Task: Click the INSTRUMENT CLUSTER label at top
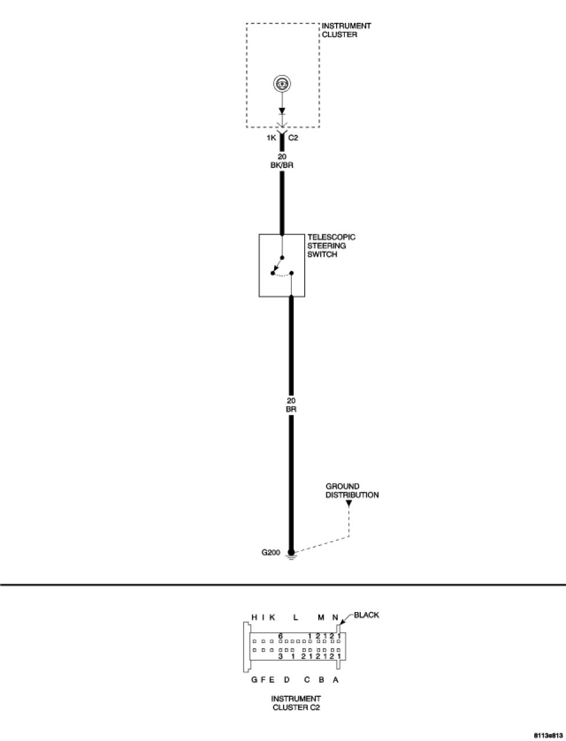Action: tap(346, 31)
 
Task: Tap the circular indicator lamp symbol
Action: tap(282, 84)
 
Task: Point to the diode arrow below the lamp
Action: tap(282, 111)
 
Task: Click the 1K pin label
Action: tap(272, 138)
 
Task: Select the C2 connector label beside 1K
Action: tap(293, 138)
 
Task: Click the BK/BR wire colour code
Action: tap(282, 166)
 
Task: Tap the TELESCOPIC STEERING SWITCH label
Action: tap(331, 246)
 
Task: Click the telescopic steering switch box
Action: tap(282, 266)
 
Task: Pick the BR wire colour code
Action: tap(291, 408)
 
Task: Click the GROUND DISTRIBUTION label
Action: tap(352, 491)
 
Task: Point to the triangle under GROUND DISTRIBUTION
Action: tap(349, 504)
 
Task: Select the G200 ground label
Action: tap(271, 553)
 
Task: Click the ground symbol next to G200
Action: tap(291, 554)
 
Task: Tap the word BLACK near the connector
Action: tap(366, 615)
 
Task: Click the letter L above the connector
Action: tap(296, 617)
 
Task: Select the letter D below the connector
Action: tap(287, 680)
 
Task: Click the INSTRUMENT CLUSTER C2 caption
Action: tap(296, 703)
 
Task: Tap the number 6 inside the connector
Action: tap(281, 636)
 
